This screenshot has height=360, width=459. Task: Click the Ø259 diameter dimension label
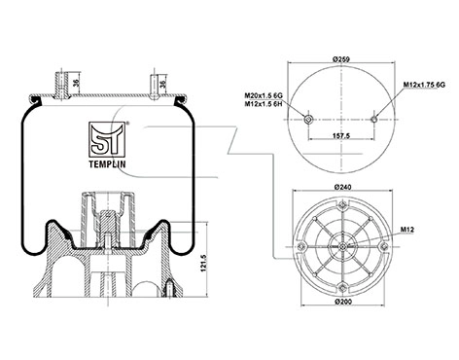340,59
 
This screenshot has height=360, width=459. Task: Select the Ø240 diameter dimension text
342,187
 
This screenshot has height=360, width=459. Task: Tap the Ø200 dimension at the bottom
343,302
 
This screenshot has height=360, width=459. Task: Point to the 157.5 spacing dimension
341,135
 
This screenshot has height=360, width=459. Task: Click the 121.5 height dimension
203,262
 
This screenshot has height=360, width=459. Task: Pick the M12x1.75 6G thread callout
424,85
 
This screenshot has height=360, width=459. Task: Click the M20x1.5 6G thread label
264,95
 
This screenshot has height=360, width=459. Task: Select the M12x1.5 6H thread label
264,103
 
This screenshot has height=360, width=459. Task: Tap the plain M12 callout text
407,230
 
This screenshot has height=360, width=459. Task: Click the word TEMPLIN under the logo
107,164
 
